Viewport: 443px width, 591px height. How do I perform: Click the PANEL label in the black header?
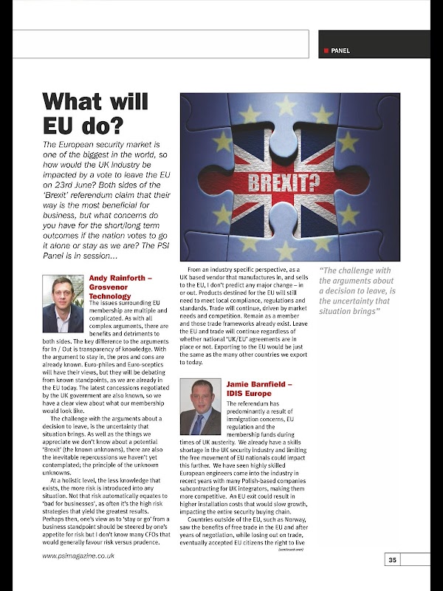tap(340, 51)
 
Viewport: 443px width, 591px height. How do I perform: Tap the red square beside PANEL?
tap(326, 51)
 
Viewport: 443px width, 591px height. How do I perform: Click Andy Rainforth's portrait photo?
tap(63, 304)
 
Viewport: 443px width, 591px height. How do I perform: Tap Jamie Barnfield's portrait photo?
tap(200, 407)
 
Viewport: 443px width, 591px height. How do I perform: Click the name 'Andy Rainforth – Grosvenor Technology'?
tap(120, 287)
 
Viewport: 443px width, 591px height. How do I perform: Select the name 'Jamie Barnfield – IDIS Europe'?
tap(259, 389)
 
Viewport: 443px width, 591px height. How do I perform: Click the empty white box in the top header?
tap(161, 44)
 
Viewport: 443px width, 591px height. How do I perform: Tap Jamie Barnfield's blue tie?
tap(198, 423)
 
